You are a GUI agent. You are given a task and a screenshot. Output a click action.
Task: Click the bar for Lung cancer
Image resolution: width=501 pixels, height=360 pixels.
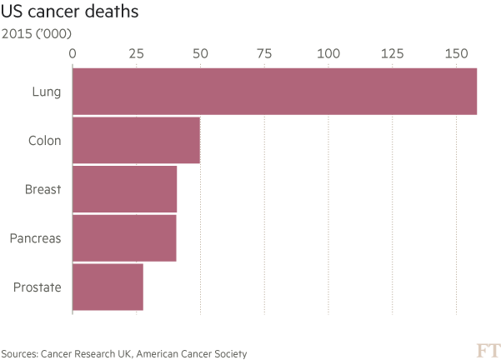coord(275,91)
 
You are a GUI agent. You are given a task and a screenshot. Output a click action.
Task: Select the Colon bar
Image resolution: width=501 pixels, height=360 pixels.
coord(137,141)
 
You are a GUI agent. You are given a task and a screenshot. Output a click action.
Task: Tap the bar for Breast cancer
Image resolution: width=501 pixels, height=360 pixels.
coord(125,189)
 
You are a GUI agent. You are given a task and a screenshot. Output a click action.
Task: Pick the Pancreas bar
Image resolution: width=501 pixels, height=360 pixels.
coord(124,238)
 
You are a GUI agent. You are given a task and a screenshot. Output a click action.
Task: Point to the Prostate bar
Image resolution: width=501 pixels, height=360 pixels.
coord(108,287)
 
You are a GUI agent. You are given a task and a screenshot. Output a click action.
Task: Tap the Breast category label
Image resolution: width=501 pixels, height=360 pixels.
coord(43,189)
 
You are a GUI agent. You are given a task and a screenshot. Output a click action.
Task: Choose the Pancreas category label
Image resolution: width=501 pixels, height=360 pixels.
coord(36,238)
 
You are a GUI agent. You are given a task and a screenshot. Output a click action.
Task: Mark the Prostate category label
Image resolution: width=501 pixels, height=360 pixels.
coord(38,287)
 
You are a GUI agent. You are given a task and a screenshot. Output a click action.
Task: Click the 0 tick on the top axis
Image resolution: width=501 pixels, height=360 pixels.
coord(73,53)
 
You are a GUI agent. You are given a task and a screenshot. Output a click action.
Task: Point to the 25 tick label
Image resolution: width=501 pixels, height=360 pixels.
coord(137,53)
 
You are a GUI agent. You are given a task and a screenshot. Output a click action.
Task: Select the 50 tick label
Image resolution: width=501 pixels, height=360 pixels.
coord(201,53)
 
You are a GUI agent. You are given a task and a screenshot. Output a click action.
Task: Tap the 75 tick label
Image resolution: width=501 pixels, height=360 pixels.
coord(264,53)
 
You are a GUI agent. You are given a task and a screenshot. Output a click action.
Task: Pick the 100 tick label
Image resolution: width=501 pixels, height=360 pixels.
coord(328,53)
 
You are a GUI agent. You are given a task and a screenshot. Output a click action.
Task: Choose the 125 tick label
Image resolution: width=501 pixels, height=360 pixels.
coord(392,53)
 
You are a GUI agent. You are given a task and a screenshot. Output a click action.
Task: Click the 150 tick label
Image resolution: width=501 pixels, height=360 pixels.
coord(456,53)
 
